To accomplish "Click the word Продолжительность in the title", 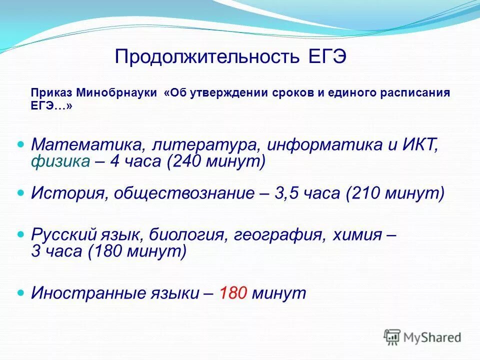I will pyautogui.click(x=206, y=56).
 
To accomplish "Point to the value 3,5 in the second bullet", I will pyautogui.click(x=287, y=193).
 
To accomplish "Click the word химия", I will pyautogui.click(x=353, y=233).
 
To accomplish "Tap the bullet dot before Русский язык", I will pyautogui.click(x=21, y=233).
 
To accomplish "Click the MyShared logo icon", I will pyautogui.click(x=392, y=337).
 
